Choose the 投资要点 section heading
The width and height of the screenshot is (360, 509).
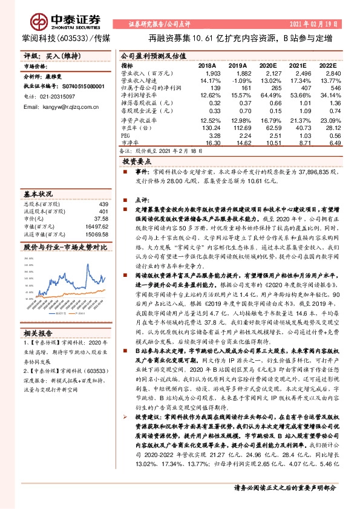[x=136, y=162]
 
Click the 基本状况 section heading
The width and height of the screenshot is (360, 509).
[x=38, y=194]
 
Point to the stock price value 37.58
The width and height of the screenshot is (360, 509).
[x=100, y=219]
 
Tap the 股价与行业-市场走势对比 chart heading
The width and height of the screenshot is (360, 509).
[x=65, y=247]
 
